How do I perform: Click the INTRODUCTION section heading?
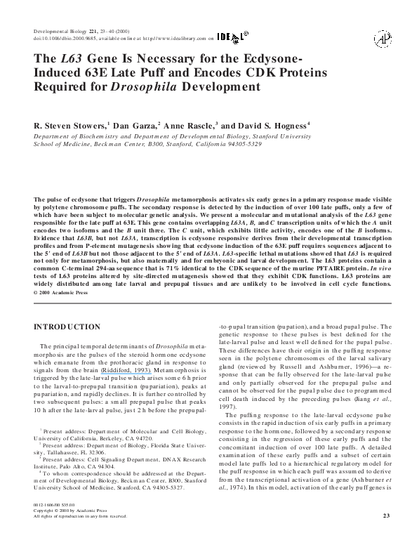click(x=69, y=328)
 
